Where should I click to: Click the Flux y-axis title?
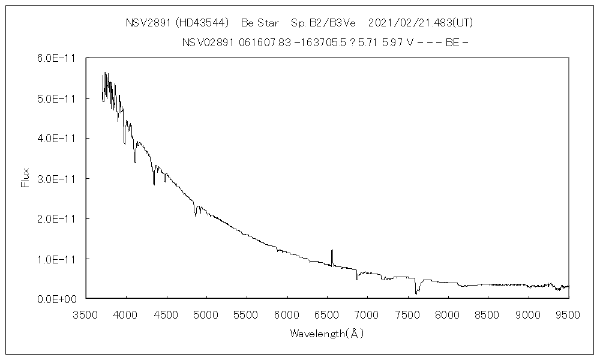25,178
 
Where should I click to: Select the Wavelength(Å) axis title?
327,333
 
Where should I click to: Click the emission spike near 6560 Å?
332,251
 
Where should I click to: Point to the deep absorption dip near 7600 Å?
416,292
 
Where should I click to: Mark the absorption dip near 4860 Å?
195,214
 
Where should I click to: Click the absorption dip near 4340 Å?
154,184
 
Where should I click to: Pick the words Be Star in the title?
261,23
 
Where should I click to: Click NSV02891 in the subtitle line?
209,43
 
